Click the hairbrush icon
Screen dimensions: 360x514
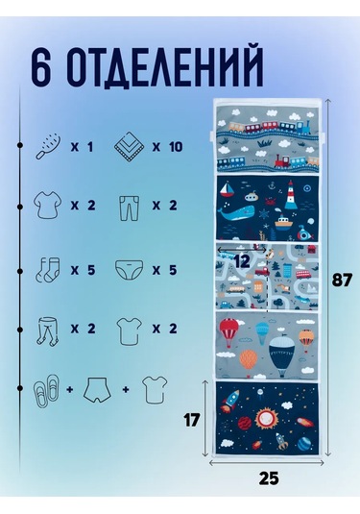(48, 147)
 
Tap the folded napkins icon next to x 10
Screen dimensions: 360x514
(129, 147)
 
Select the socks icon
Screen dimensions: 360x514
(48, 270)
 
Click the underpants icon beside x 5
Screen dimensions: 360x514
(129, 270)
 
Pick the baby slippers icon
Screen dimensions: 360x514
(46, 390)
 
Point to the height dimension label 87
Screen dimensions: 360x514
(342, 281)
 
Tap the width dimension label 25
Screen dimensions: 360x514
(269, 478)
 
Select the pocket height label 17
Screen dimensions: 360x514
(192, 420)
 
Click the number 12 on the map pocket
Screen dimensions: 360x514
(242, 261)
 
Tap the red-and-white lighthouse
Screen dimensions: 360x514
(291, 195)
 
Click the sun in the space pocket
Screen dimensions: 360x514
(266, 420)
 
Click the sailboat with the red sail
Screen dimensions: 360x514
(227, 190)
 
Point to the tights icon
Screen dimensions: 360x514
(46, 331)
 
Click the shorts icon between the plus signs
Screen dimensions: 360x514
(97, 390)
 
